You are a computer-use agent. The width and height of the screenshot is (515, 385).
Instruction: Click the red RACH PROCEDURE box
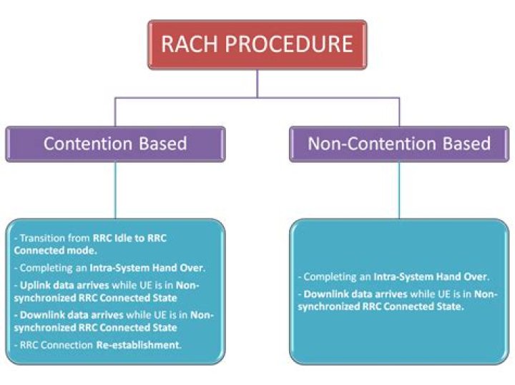pos(257,44)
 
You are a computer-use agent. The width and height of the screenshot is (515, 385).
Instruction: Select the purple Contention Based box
pos(115,144)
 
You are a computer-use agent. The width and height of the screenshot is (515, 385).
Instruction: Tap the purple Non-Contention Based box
pos(399,144)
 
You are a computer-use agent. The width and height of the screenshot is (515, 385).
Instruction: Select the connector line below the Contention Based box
pos(115,189)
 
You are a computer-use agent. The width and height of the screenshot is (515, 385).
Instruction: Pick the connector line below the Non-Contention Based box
pos(399,189)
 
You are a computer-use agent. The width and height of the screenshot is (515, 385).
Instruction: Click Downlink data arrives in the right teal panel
pos(346,294)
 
